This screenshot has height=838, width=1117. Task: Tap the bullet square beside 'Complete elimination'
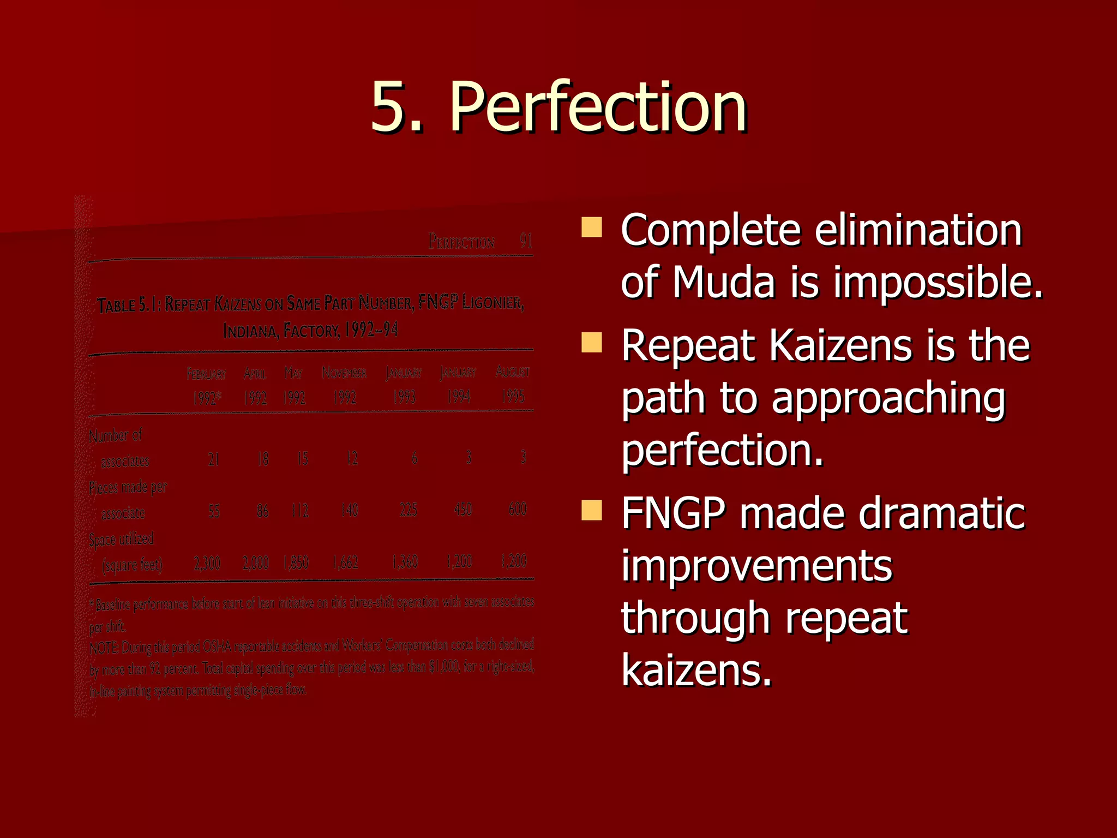pos(592,227)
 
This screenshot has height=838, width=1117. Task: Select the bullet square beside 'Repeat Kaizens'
pos(592,343)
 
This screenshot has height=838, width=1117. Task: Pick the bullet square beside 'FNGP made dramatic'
pos(592,510)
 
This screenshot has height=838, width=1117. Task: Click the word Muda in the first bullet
pos(723,283)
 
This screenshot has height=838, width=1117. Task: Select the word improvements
pos(756,566)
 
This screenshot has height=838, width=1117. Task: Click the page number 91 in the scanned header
pos(526,241)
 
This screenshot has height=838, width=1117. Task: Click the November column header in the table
pos(344,373)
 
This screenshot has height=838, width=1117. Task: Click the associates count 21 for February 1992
pos(213,459)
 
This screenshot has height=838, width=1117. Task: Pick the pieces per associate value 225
pos(408,510)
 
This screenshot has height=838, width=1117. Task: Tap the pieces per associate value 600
pos(517,509)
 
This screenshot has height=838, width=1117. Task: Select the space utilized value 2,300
pos(207,563)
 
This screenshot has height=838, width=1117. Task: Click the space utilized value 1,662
pos(346,562)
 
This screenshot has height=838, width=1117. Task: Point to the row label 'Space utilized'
pos(122,540)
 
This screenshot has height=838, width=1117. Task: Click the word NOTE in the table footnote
pos(104,648)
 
